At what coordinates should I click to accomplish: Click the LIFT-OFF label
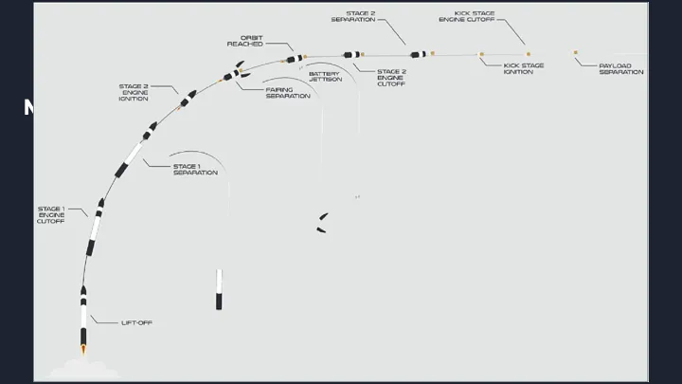137,323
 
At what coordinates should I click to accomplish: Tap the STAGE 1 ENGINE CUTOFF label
51,215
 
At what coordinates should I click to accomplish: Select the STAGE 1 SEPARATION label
195,170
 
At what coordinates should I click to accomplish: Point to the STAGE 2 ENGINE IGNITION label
134,93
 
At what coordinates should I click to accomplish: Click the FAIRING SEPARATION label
287,93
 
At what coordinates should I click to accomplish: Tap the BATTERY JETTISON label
324,77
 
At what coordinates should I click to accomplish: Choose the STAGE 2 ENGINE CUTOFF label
392,78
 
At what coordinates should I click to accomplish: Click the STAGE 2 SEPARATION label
354,16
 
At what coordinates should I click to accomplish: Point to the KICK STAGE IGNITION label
524,68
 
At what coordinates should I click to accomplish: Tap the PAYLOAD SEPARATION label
621,68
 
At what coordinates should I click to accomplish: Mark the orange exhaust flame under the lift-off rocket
83,351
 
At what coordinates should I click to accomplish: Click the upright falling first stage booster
219,289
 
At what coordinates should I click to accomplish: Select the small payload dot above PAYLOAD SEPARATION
575,53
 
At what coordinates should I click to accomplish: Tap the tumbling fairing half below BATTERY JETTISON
323,223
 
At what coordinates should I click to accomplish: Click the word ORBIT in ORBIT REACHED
251,38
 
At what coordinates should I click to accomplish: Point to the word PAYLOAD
621,65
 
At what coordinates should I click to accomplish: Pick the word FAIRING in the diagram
279,89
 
